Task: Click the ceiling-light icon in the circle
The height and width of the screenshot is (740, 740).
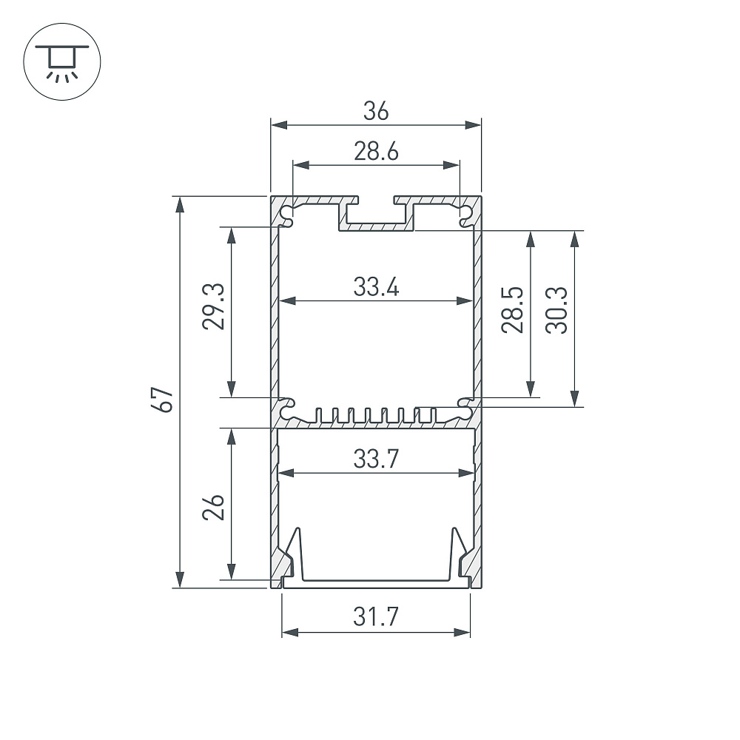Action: coord(62,61)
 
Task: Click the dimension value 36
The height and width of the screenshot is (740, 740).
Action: coord(376,112)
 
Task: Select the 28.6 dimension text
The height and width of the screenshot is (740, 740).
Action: coord(376,152)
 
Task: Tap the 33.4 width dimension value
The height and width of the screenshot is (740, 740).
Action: coord(376,287)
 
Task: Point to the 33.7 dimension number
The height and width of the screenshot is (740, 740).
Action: coord(376,459)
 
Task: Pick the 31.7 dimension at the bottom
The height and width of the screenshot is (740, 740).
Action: coord(376,617)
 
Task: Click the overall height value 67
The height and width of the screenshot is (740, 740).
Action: coord(165,400)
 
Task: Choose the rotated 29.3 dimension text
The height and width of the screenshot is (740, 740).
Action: coord(213,306)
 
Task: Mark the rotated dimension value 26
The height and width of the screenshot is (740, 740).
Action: coord(213,508)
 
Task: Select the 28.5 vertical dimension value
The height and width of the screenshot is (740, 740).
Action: coord(513,310)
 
